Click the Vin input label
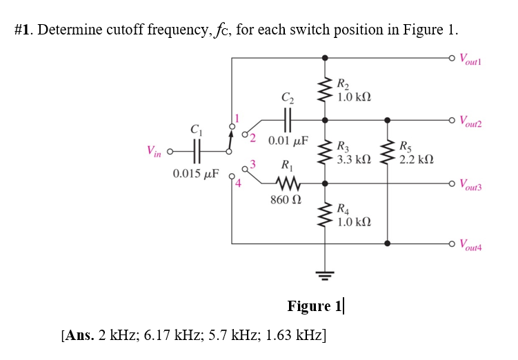(153, 150)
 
